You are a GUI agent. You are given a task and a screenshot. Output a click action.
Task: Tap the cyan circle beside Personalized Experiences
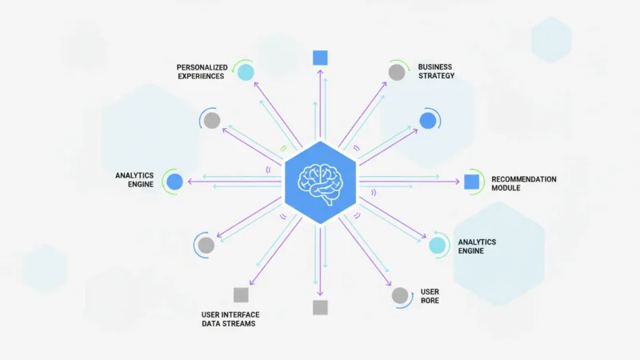pos(246,72)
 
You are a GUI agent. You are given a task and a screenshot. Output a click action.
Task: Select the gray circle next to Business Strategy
pos(397,72)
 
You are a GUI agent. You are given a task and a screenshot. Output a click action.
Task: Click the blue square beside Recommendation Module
pos(471,182)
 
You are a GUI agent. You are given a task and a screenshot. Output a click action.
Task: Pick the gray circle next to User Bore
pos(400,295)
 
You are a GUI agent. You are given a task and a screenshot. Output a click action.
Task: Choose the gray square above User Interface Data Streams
pos(241,294)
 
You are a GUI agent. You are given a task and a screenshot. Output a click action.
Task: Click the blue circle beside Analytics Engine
pos(174,182)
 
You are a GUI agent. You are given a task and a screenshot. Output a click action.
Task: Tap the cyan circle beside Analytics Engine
pos(437,246)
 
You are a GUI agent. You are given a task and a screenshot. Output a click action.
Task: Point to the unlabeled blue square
pos(320,58)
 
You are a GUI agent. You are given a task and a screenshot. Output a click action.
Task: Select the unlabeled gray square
pos(320,307)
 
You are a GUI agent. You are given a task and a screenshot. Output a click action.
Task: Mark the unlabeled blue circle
pos(428,121)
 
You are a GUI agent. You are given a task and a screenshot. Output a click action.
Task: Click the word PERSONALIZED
pos(202,67)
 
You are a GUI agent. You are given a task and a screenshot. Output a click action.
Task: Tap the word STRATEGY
pos(436,75)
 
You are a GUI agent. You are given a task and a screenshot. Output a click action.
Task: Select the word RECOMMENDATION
pos(524,179)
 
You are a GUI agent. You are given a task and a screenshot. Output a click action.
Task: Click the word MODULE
pos(506,188)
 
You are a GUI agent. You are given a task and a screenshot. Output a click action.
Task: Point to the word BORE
pos(430,301)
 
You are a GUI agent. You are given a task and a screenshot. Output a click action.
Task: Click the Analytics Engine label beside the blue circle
pos(134,179)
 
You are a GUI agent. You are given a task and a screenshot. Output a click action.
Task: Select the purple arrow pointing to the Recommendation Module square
pos(410,182)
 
